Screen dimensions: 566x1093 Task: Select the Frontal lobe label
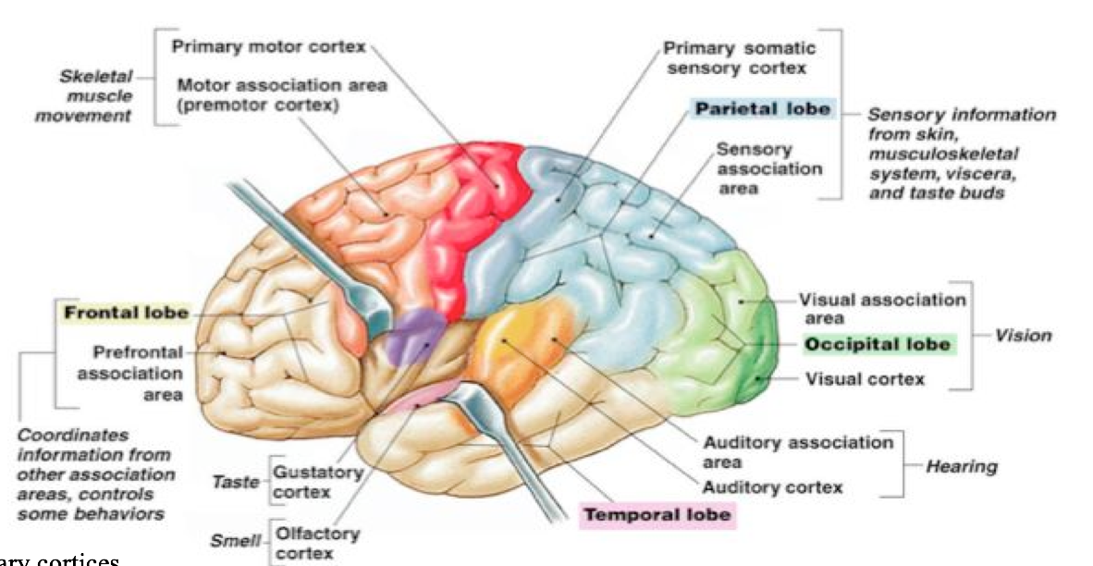pyautogui.click(x=125, y=313)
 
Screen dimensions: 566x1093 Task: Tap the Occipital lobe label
pyautogui.click(x=877, y=344)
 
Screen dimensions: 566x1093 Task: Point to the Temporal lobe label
pyautogui.click(x=657, y=514)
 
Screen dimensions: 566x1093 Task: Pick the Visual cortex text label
pyautogui.click(x=865, y=378)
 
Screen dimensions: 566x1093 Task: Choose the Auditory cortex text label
pyautogui.click(x=773, y=486)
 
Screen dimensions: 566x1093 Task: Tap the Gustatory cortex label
pyautogui.click(x=309, y=480)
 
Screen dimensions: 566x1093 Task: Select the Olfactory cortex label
pyautogui.click(x=305, y=544)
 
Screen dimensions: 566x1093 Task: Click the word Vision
pyautogui.click(x=1024, y=335)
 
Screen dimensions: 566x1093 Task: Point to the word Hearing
pyautogui.click(x=962, y=466)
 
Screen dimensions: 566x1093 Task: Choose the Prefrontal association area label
pyautogui.click(x=129, y=374)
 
